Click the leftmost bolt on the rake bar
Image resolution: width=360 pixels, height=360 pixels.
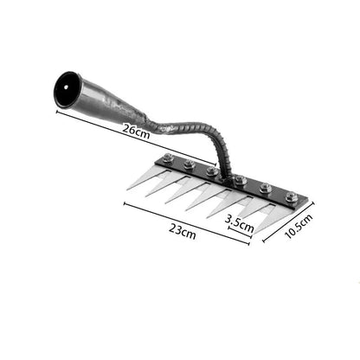click(164, 161)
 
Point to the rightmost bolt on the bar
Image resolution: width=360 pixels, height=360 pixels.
click(292, 197)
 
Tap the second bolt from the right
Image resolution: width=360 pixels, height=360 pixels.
click(266, 189)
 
